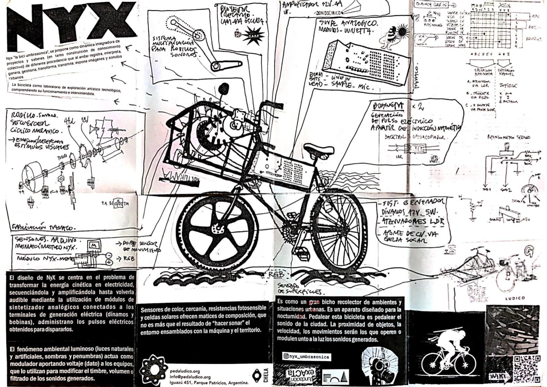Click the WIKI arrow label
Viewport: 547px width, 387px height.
tap(497, 376)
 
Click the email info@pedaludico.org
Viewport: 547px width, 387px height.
tap(190, 377)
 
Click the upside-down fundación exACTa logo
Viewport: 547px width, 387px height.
tap(299, 375)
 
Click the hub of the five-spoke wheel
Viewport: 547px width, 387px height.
tap(218, 228)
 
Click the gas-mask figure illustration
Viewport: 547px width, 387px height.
tap(379, 366)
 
